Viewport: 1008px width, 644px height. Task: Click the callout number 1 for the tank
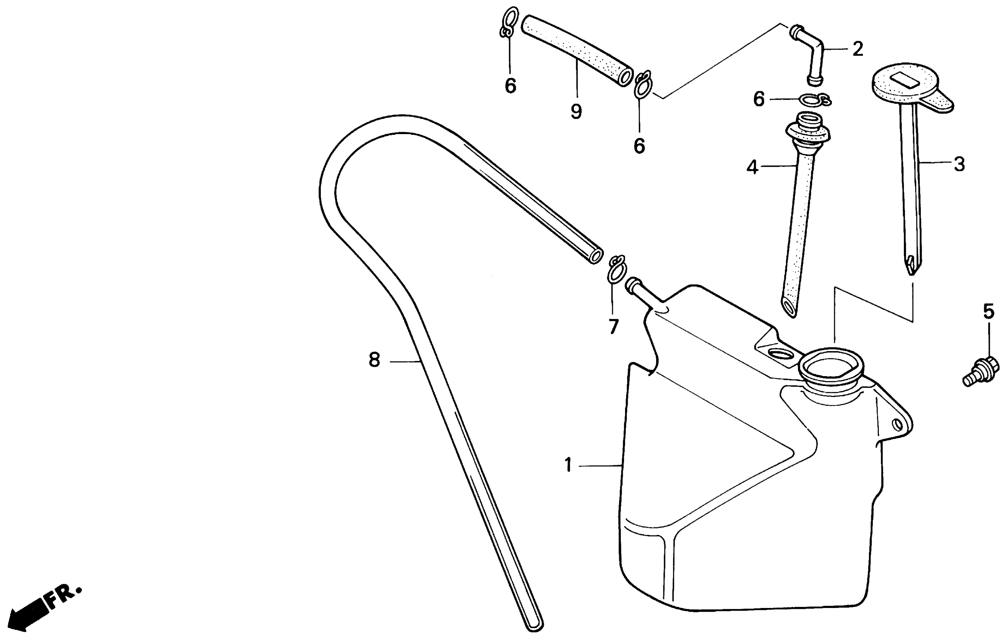click(568, 465)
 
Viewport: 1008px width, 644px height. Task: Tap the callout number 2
click(858, 49)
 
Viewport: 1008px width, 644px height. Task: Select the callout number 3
click(959, 164)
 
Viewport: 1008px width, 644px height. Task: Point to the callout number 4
click(752, 167)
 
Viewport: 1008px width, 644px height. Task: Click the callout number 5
click(988, 311)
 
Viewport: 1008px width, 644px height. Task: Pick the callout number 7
click(613, 327)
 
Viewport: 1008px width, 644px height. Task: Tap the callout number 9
click(577, 111)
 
